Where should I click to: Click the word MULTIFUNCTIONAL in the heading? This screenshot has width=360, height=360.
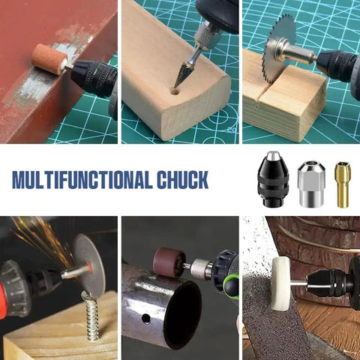pyautogui.click(x=82, y=180)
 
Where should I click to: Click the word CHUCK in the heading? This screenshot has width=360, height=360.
pyautogui.click(x=183, y=180)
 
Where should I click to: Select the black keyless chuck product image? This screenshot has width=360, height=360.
pyautogui.click(x=273, y=179)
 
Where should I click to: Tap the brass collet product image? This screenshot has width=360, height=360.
pyautogui.click(x=343, y=184)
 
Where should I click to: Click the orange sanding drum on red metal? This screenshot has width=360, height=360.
pyautogui.click(x=49, y=58)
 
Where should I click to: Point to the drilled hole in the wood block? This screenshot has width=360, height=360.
pyautogui.click(x=175, y=91)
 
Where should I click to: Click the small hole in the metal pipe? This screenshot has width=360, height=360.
pyautogui.click(x=146, y=319)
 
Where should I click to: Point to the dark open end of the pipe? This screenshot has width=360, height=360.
pyautogui.click(x=182, y=313)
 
